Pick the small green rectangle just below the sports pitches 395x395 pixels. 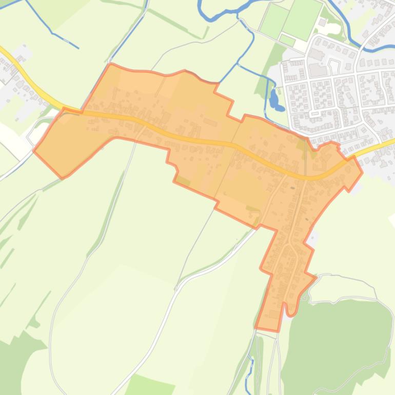287,41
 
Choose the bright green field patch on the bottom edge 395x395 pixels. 149,386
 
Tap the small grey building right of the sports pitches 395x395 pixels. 322,23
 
